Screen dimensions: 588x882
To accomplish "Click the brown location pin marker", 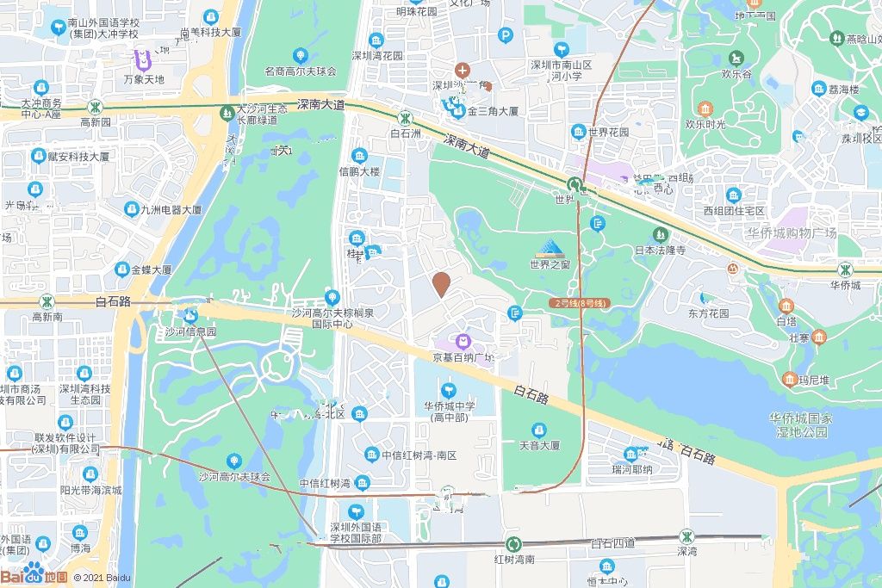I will (441, 284).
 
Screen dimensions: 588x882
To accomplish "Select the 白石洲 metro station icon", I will (404, 116).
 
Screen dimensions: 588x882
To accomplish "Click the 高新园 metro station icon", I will (96, 107).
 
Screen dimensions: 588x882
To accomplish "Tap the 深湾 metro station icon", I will (686, 535).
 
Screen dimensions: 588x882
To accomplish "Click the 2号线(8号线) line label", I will (580, 303).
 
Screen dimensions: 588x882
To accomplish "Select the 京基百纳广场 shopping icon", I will (463, 342).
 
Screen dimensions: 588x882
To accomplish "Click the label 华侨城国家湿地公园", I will (801, 424).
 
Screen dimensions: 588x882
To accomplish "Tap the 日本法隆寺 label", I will (660, 251).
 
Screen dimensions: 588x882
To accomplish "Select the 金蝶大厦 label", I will (152, 269).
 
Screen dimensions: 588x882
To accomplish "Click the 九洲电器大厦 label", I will (171, 209).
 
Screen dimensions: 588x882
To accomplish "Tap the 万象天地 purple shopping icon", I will (143, 61).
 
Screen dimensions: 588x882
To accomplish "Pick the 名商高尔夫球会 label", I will (300, 71).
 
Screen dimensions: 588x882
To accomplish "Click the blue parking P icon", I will (506, 35).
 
